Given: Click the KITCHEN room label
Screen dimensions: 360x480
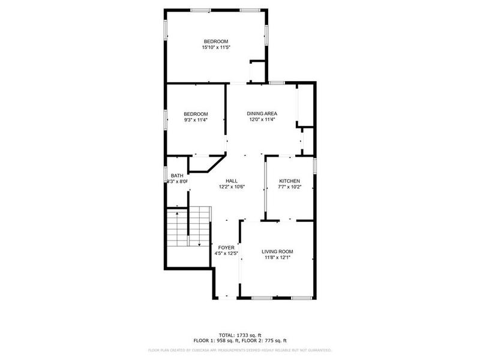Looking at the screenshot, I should click(x=289, y=181).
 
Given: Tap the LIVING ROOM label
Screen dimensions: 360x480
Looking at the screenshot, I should click(x=277, y=251).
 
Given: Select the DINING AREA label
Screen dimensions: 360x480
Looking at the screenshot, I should click(x=262, y=113).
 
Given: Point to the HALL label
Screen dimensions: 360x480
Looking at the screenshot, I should click(x=232, y=181).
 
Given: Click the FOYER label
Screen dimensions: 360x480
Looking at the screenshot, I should click(x=226, y=247).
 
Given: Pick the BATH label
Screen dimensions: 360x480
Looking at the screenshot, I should click(x=177, y=175).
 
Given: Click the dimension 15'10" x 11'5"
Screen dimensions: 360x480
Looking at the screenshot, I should click(x=215, y=47).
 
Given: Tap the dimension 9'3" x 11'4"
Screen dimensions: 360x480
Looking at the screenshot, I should click(x=196, y=120).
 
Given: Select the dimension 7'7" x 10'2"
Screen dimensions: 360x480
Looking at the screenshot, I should click(x=289, y=187).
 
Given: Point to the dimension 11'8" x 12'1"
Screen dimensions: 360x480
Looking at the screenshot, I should click(x=277, y=257).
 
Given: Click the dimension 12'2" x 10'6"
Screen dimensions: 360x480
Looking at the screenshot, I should click(x=232, y=187).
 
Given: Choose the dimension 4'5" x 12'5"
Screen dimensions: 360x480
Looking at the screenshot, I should click(x=226, y=253).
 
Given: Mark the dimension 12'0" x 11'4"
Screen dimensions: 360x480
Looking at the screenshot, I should click(x=262, y=119).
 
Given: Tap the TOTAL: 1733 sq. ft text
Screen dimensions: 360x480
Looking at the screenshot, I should click(x=239, y=335).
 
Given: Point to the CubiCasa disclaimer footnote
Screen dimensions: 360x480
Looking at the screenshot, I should click(x=239, y=350).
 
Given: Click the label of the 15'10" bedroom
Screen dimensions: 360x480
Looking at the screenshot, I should click(x=215, y=41).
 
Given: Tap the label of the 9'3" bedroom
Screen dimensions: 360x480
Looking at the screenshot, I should click(x=196, y=114).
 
